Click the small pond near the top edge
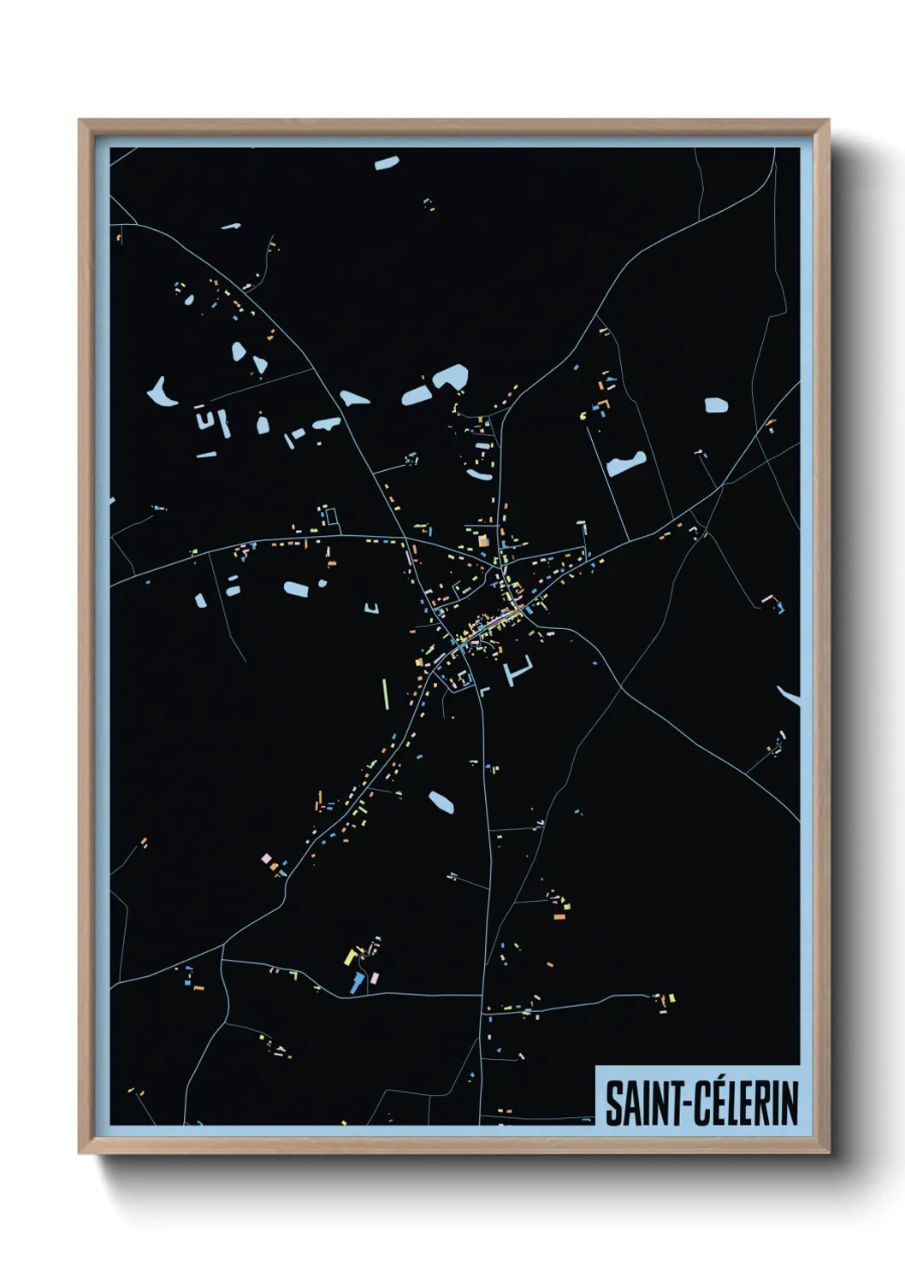coord(387,162)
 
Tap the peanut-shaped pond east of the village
coord(626,463)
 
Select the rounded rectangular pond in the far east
coord(716,405)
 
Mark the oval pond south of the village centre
coord(441,802)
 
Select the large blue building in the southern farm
coord(356,983)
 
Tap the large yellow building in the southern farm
coord(350,956)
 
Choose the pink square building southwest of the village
coord(266,857)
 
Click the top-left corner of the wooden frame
coord(80,121)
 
